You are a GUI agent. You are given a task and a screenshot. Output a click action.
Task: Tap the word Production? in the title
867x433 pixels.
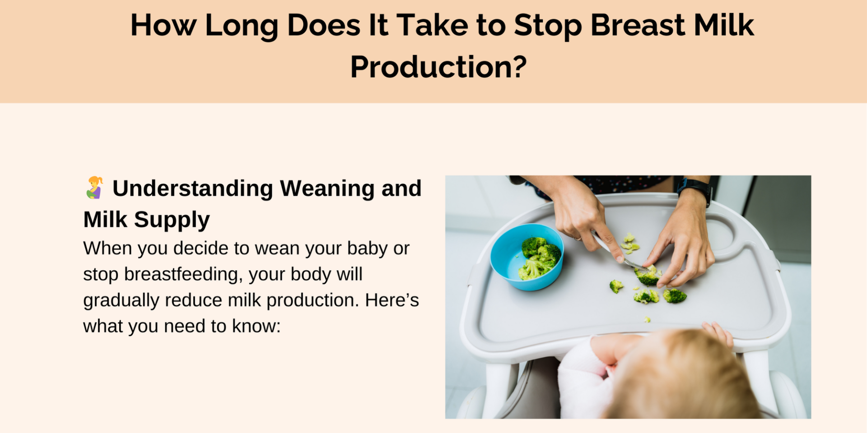point(438,67)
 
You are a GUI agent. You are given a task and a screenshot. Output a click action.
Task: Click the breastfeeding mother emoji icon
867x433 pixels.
point(95,187)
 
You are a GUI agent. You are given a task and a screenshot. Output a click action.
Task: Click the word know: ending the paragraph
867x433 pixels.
point(256,326)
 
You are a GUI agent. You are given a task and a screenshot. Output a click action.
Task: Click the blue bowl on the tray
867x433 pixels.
point(527,257)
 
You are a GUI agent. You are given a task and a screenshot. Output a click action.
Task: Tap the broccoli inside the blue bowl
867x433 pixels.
point(539,258)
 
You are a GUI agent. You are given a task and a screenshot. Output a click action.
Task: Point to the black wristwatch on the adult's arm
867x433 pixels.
point(694,189)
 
